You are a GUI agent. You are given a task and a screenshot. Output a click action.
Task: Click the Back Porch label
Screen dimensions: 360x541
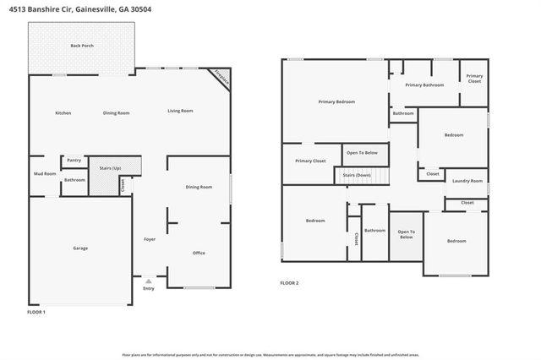coord(81,46)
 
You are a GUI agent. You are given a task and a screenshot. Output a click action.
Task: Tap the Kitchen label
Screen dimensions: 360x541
coord(63,112)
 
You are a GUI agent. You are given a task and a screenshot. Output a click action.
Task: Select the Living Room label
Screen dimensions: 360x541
coord(180,111)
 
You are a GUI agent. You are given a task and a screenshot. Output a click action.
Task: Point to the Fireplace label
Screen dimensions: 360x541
coord(221,77)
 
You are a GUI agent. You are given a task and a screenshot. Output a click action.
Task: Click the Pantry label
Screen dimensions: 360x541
coord(74,160)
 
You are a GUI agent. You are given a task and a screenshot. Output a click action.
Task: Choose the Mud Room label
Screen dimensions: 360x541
coord(44,174)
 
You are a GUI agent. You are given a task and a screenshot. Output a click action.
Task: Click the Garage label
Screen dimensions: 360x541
coord(80,248)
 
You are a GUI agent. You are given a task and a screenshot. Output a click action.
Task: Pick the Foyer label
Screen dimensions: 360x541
coord(150,239)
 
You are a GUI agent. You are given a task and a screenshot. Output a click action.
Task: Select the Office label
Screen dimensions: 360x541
coord(199,253)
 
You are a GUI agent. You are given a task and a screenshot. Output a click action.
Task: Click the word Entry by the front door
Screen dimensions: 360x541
coord(149,289)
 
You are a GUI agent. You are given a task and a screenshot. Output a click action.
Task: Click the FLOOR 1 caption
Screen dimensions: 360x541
coord(36,312)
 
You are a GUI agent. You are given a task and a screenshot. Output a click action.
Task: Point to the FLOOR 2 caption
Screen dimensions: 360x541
coord(289,283)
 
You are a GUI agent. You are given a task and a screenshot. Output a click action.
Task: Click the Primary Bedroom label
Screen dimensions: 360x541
coord(336,102)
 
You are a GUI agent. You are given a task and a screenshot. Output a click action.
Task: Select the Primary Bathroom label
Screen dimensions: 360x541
coord(424,85)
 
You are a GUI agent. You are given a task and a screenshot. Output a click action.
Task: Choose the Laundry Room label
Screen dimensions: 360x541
coord(467,181)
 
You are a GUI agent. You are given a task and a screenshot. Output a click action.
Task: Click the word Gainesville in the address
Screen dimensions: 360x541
coord(101,8)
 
